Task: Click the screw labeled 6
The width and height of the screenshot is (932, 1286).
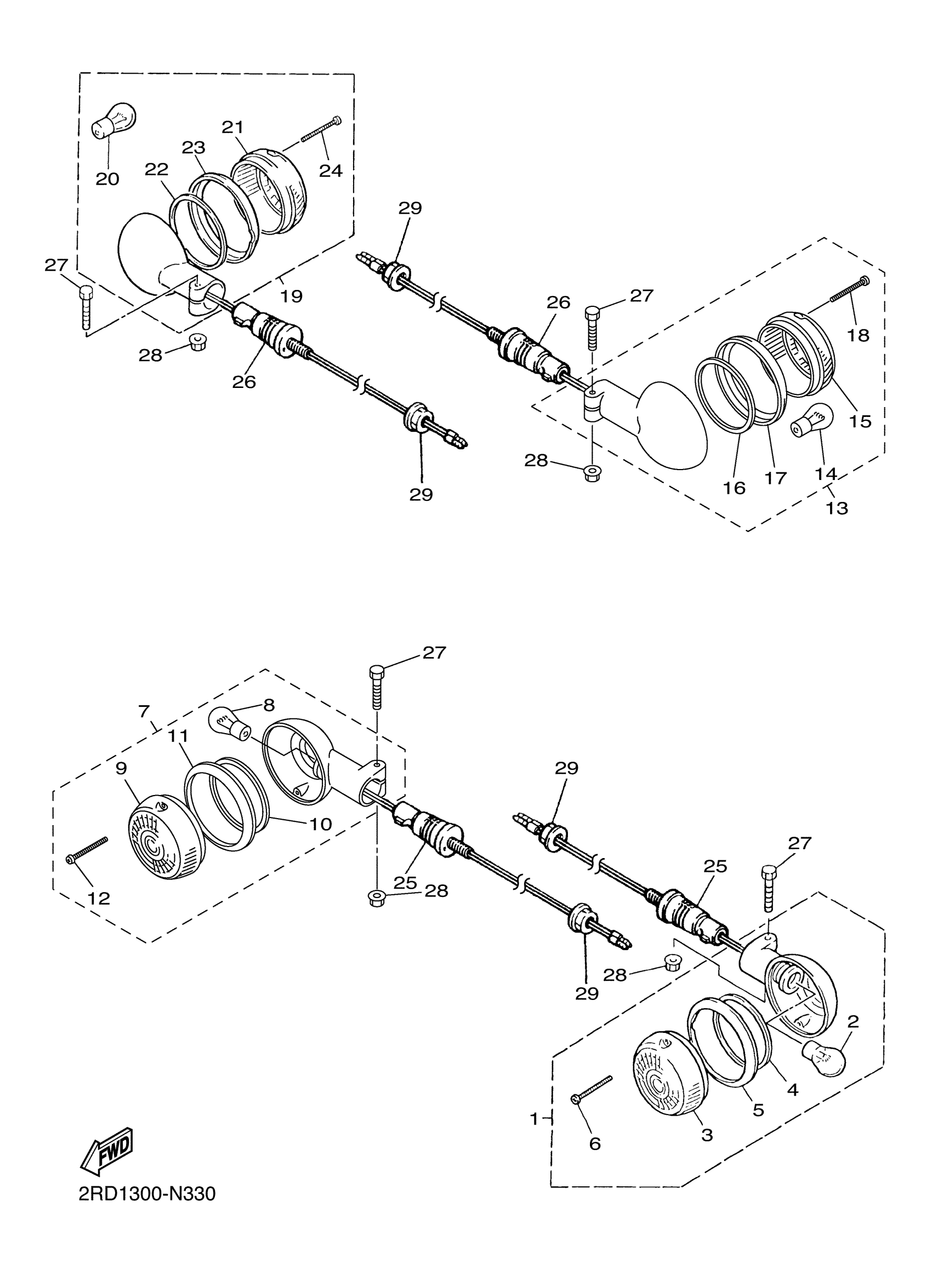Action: pos(592,1089)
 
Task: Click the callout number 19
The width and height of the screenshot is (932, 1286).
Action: pos(291,296)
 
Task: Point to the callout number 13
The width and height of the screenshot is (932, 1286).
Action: pos(837,507)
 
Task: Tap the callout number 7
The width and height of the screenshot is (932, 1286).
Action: pos(144,711)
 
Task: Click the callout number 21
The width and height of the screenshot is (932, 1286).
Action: pos(232,127)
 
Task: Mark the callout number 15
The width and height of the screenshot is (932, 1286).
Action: pos(860,421)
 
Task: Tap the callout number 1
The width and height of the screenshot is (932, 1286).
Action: pos(534,1119)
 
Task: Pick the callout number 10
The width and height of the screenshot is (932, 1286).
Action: pos(321,824)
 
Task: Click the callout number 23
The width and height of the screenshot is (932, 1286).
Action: pos(194,147)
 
